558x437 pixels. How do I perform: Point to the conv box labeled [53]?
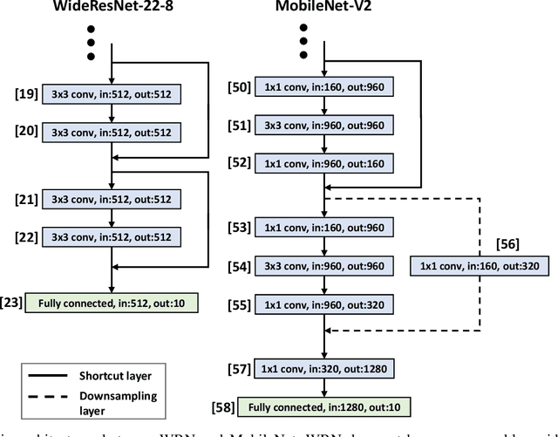click(x=325, y=228)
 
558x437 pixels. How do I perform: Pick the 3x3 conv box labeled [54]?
click(x=325, y=265)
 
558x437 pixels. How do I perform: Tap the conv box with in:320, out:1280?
click(x=325, y=369)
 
